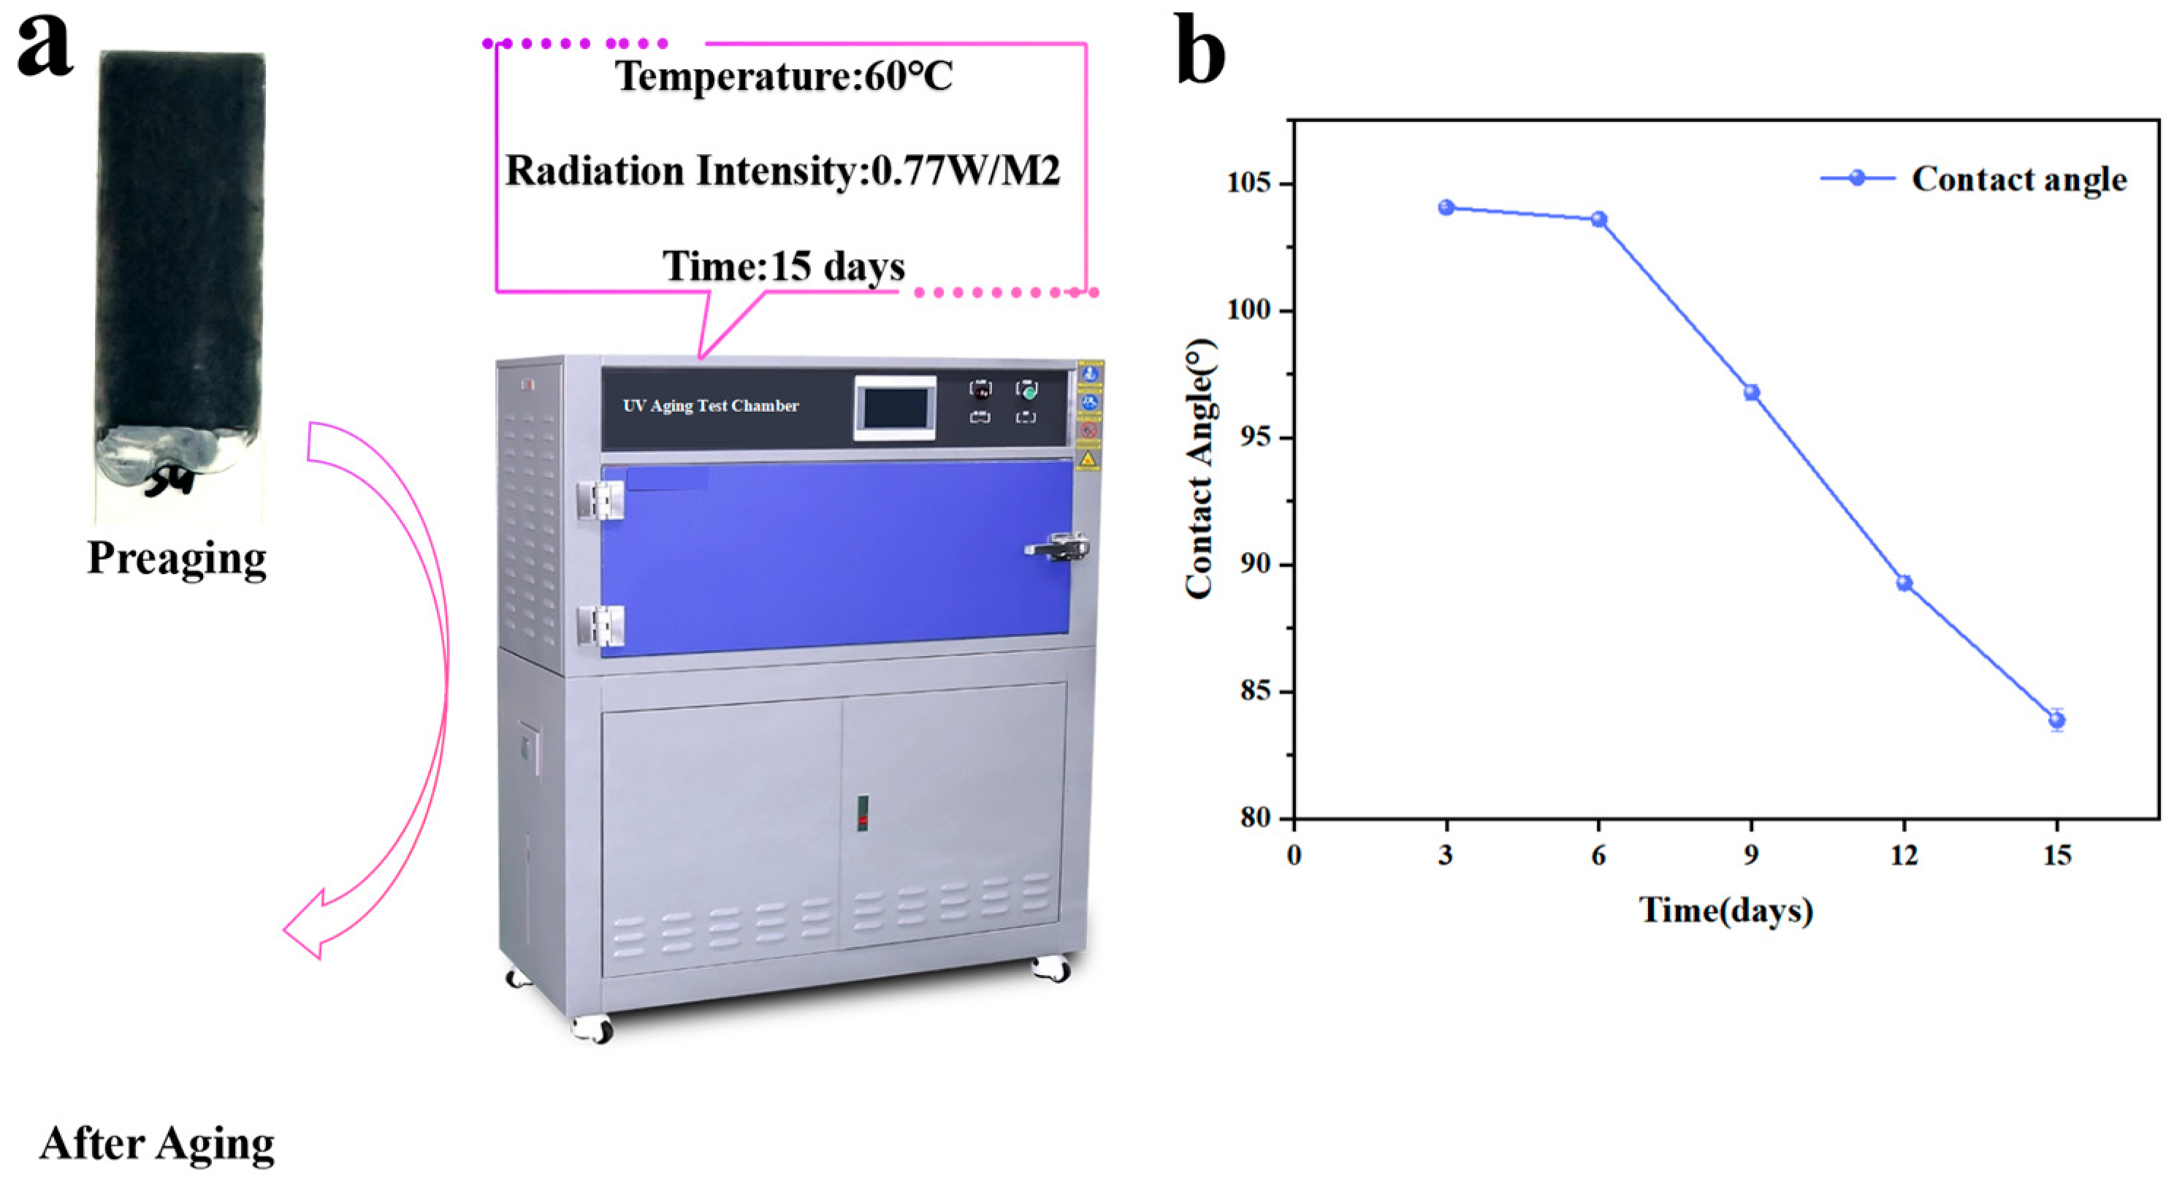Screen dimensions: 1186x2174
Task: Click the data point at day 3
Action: [x=1446, y=207]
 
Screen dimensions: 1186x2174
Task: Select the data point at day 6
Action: [x=1598, y=220]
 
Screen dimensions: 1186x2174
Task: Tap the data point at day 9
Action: [x=1751, y=392]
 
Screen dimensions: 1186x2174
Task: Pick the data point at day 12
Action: [x=1904, y=583]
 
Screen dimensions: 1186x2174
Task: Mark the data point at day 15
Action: [x=2056, y=719]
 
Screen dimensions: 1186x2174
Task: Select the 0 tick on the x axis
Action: [x=1294, y=855]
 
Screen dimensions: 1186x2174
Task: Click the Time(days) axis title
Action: [x=1726, y=910]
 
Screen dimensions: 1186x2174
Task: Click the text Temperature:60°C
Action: [x=784, y=77]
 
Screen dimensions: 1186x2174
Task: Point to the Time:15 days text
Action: [x=783, y=267]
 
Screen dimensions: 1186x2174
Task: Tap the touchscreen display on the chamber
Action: [x=895, y=408]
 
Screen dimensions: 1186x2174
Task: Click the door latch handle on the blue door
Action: [x=1058, y=548]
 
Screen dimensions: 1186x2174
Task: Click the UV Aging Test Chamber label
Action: [x=711, y=406]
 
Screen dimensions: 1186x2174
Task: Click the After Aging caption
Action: [x=157, y=1144]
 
